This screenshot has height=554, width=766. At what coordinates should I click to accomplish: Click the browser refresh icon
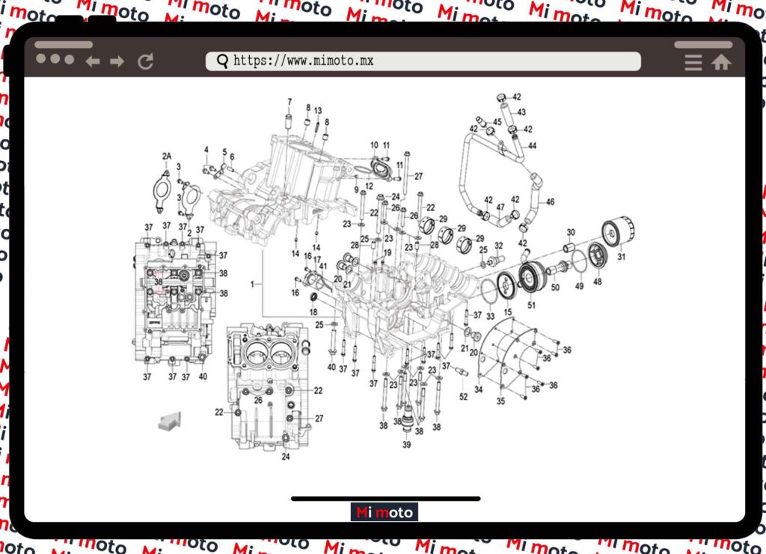(x=146, y=61)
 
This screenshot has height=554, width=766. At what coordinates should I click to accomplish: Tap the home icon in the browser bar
(x=721, y=62)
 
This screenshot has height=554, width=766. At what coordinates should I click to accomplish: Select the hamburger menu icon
(x=693, y=62)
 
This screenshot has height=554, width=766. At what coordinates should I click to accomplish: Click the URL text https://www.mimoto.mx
(x=303, y=61)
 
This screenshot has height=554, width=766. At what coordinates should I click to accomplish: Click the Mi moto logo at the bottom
(x=384, y=513)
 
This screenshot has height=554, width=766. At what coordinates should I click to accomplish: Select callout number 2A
(x=167, y=156)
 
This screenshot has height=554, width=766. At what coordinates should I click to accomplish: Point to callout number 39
(x=407, y=445)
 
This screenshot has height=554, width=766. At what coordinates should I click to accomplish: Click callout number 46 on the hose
(x=551, y=202)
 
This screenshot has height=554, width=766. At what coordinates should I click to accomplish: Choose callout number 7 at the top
(x=289, y=102)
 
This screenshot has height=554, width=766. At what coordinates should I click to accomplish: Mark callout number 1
(x=253, y=284)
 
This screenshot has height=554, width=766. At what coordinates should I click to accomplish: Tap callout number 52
(x=464, y=397)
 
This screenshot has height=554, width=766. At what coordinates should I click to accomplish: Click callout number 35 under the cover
(x=500, y=401)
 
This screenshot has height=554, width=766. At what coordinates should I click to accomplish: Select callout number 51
(x=532, y=305)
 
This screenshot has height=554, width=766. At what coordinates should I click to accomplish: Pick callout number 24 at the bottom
(x=286, y=457)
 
